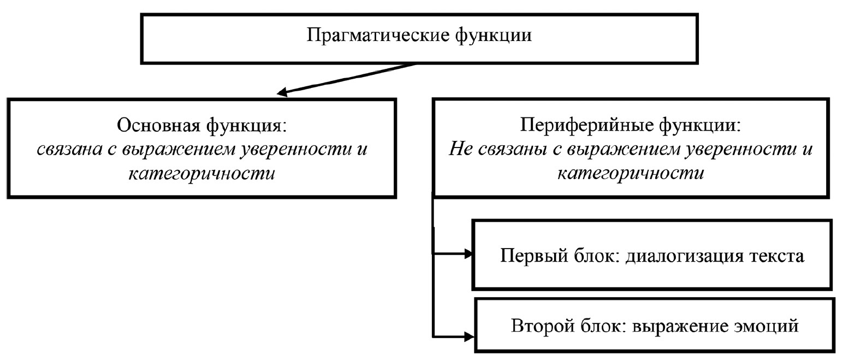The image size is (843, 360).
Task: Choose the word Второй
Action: [540, 326]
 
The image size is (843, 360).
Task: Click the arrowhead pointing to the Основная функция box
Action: [282, 93]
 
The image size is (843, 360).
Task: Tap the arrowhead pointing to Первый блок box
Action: [468, 253]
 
